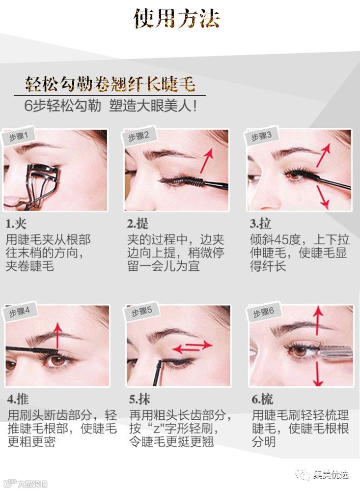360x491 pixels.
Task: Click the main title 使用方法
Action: (x=177, y=19)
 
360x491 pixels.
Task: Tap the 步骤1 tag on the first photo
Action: (x=19, y=136)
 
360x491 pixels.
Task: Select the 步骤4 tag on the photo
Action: (x=20, y=312)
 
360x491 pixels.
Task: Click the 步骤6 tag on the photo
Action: (x=263, y=312)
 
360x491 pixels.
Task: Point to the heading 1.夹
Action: (x=16, y=224)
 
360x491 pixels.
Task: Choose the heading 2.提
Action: (x=138, y=224)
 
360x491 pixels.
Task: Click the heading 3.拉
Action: (x=260, y=224)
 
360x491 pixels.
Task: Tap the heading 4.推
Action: (x=18, y=399)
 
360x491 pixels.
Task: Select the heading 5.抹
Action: (x=139, y=399)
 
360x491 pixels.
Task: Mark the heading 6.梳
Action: (x=262, y=399)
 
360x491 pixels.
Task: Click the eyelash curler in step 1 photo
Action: (x=41, y=185)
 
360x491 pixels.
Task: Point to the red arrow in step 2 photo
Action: (x=207, y=160)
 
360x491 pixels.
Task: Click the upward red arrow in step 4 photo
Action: (x=57, y=336)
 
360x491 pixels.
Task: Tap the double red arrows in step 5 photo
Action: (x=192, y=347)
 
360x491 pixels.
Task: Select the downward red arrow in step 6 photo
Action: (x=318, y=373)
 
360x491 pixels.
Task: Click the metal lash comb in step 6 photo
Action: (x=335, y=352)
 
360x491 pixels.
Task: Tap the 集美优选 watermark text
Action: (x=331, y=475)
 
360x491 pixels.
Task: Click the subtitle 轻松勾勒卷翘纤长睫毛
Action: (x=110, y=84)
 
